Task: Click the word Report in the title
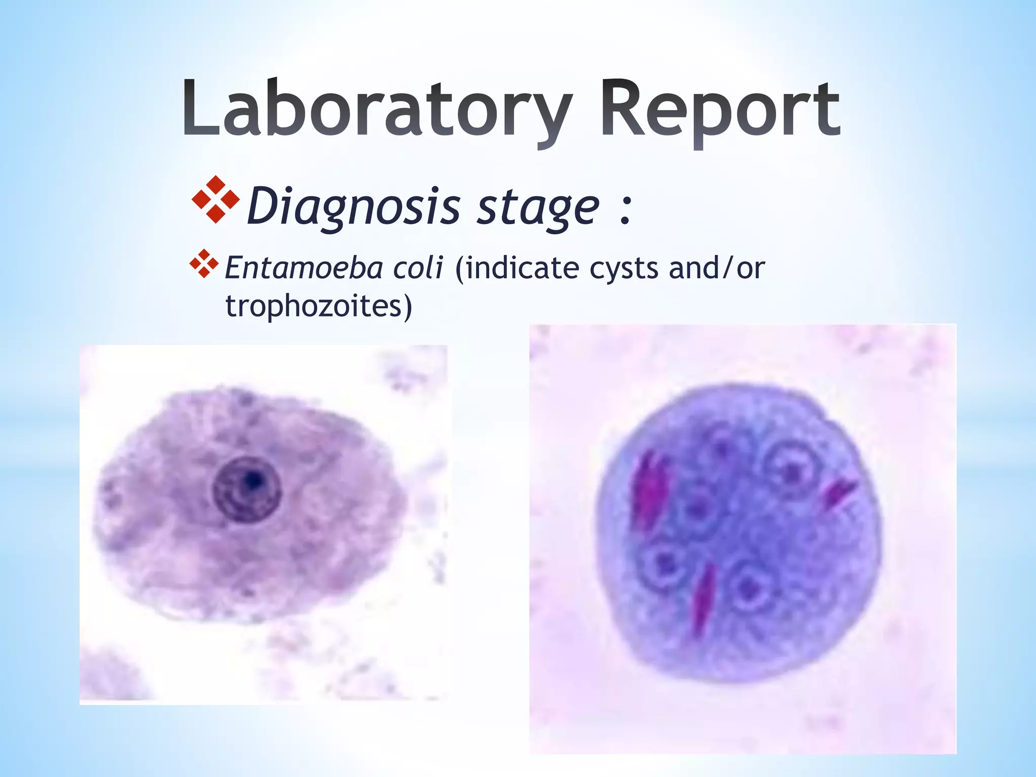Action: (x=720, y=110)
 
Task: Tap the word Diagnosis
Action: (x=354, y=206)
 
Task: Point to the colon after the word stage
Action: (x=625, y=210)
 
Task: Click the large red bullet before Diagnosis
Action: (x=216, y=199)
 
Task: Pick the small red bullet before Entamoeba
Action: (x=204, y=264)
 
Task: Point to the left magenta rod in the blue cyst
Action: (x=651, y=491)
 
